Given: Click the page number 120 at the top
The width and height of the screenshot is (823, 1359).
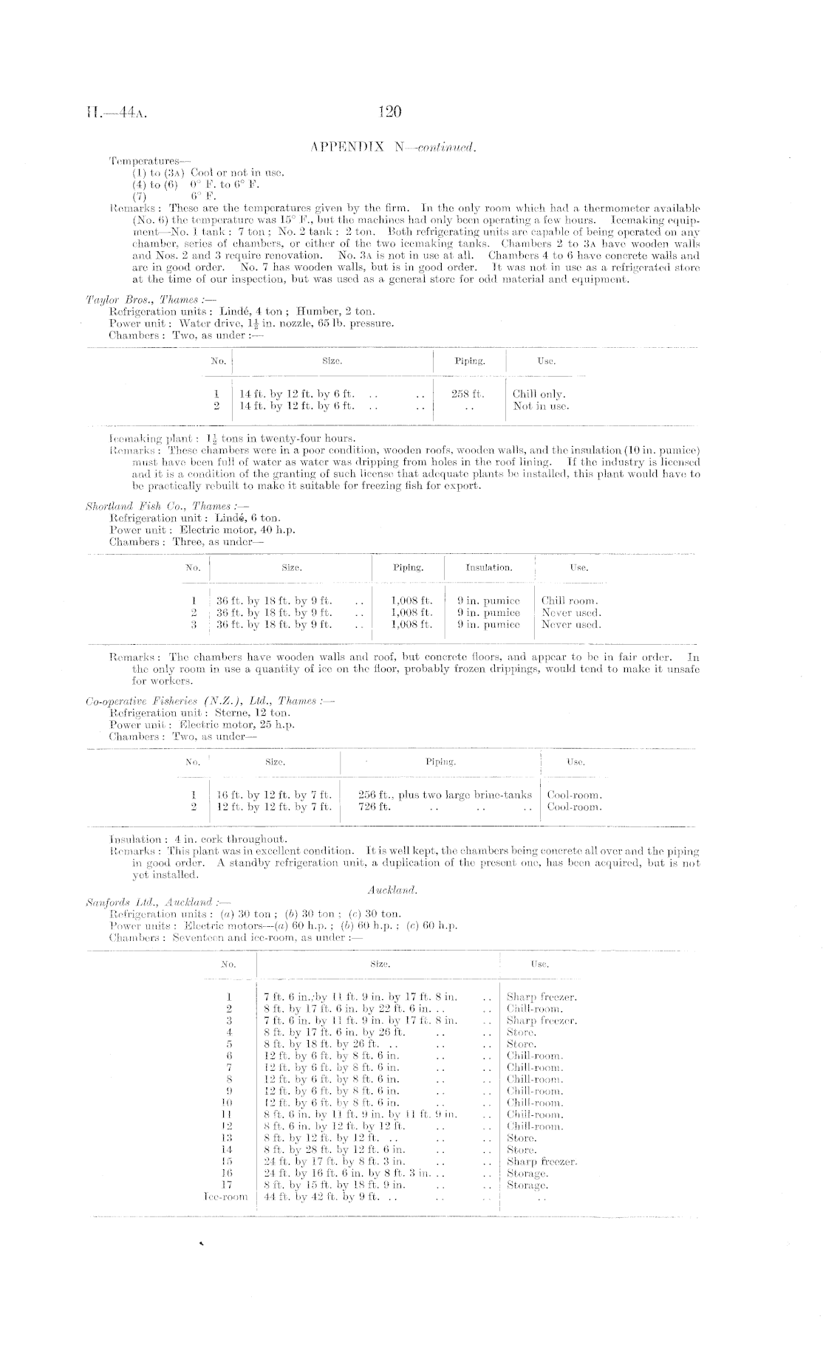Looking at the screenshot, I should tap(389, 112).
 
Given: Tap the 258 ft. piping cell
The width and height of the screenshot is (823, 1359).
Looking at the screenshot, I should tap(468, 394).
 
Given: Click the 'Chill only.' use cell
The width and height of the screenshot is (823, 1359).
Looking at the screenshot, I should tap(539, 394).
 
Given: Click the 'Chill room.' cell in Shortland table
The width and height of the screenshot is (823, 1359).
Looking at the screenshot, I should tap(569, 601).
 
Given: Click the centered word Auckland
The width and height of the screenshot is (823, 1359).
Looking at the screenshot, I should tap(392, 890).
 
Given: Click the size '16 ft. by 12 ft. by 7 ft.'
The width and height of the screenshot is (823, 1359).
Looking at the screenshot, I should tap(274, 795).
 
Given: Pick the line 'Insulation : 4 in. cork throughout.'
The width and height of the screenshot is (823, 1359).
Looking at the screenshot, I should tap(198, 839).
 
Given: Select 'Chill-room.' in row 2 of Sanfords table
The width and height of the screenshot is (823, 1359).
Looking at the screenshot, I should tap(534, 1008).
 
